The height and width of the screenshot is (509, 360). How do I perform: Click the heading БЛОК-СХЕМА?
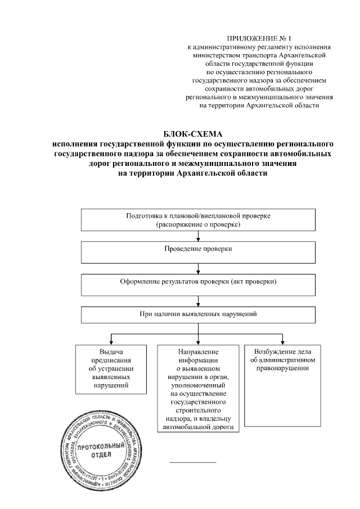click(x=193, y=134)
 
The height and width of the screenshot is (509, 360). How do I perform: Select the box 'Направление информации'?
click(x=198, y=388)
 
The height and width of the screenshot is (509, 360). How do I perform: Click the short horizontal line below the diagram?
click(x=193, y=462)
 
